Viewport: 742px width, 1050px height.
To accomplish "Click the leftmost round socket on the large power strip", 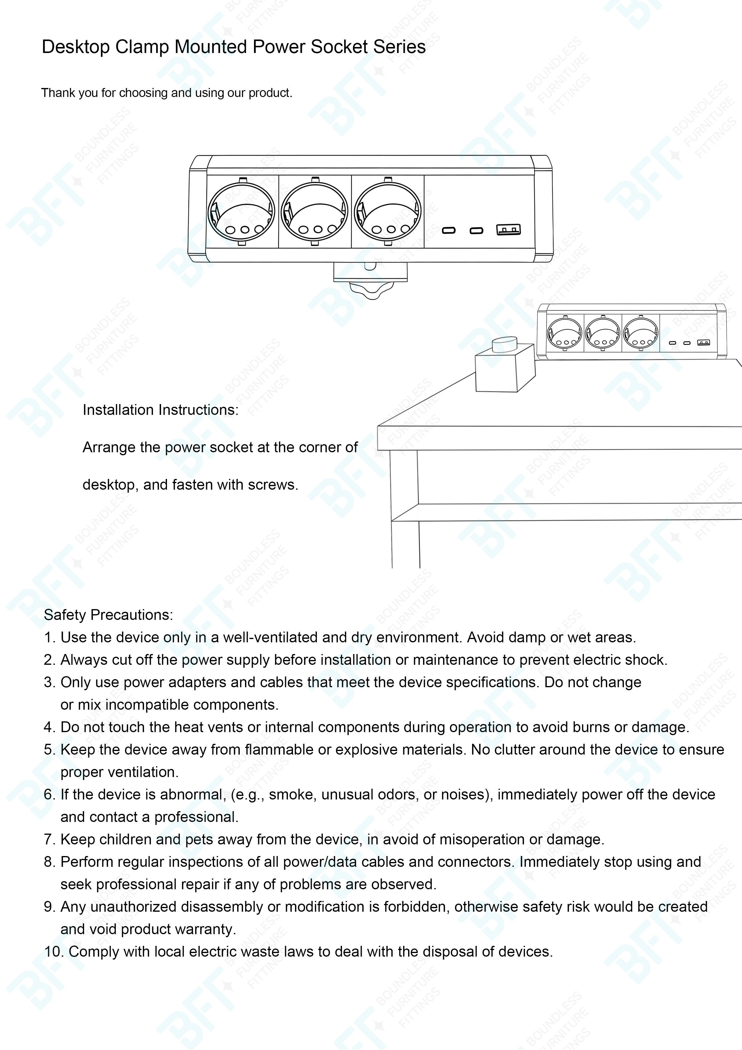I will (x=241, y=212).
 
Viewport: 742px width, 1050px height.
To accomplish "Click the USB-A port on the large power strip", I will (x=508, y=230).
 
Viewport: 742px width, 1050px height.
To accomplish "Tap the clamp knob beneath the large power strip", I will (x=371, y=289).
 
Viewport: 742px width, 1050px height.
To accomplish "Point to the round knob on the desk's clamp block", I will (x=504, y=344).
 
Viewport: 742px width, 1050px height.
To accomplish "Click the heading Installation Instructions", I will (x=160, y=410).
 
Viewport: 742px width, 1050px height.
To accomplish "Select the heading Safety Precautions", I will (x=108, y=614).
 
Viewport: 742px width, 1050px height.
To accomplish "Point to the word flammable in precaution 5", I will (x=285, y=749).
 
